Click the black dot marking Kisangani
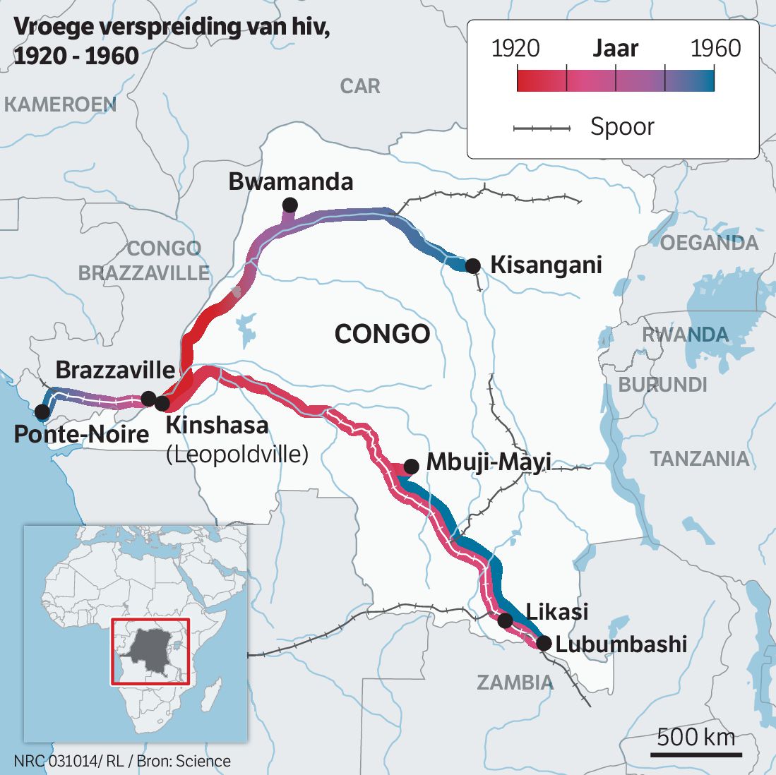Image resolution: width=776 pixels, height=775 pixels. (473, 266)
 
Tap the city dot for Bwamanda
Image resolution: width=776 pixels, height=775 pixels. (289, 205)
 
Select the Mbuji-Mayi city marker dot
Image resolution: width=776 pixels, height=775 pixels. (412, 467)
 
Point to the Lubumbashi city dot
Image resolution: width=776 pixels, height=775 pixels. (543, 643)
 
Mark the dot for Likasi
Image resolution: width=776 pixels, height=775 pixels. (505, 620)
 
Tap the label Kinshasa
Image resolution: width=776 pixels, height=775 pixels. (217, 426)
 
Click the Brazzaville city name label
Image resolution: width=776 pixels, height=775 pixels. (115, 370)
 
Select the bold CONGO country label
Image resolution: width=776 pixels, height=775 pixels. (382, 334)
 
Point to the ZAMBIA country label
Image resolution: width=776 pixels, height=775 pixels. (515, 683)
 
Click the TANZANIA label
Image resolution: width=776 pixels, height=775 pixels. (700, 459)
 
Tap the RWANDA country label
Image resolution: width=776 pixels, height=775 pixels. (685, 335)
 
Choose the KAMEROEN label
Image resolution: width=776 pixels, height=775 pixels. (60, 104)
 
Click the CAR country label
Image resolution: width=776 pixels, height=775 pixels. (360, 86)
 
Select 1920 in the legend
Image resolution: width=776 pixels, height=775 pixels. (515, 49)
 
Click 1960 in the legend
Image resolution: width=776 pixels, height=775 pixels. (715, 49)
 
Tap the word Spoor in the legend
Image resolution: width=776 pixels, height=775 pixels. (622, 127)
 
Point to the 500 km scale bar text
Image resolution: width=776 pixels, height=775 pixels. (696, 738)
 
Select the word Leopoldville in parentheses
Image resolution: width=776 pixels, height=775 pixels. (237, 454)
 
